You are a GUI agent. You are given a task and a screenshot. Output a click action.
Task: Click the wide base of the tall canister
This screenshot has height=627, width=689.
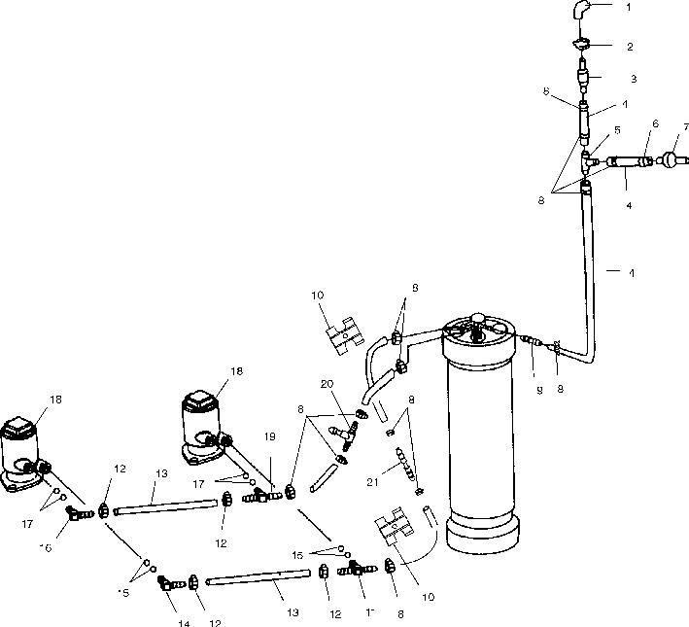tap(482, 534)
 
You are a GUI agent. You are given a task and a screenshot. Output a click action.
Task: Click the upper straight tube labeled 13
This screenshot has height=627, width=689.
tap(164, 506)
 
